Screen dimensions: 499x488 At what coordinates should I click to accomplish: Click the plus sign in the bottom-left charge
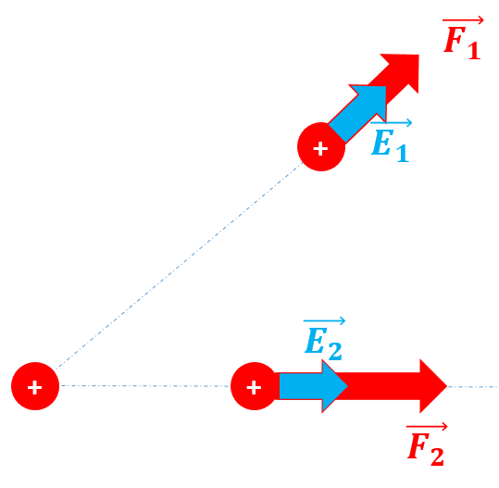click(x=34, y=388)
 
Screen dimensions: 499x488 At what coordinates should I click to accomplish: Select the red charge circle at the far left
click(x=35, y=386)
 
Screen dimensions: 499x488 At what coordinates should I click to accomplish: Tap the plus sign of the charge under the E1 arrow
click(x=320, y=149)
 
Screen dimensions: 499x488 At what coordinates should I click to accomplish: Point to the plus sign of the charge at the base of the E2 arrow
click(x=254, y=388)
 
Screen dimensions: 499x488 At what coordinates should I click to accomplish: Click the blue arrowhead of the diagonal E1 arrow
click(x=372, y=99)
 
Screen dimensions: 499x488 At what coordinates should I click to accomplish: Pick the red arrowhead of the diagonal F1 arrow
click(x=405, y=70)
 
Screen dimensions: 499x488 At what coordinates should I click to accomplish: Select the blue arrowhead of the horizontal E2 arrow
click(x=334, y=386)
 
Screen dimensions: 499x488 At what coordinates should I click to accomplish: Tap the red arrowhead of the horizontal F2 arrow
click(x=433, y=386)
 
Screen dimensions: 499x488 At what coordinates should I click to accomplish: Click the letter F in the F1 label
click(x=455, y=40)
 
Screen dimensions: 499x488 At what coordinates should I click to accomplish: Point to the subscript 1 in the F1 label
click(x=474, y=50)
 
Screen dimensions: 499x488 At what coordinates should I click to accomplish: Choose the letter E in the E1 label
click(x=381, y=143)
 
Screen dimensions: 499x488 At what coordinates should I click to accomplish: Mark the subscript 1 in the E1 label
click(x=403, y=153)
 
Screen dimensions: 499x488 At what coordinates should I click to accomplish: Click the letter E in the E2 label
click(x=316, y=340)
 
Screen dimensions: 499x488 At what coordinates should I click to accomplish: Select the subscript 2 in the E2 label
click(x=335, y=351)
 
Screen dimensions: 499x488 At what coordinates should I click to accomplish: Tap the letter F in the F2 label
click(x=418, y=445)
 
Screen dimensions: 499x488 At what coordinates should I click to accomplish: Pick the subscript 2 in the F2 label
click(x=437, y=457)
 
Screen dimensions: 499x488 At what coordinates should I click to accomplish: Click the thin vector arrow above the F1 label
click(x=463, y=20)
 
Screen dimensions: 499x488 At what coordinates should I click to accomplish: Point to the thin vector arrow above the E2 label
click(x=324, y=321)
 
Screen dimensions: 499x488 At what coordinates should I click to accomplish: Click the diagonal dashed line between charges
click(x=180, y=266)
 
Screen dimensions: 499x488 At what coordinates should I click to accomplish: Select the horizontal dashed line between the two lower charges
click(x=145, y=386)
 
